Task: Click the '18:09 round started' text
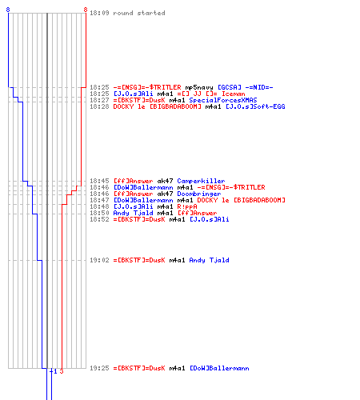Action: pos(127,13)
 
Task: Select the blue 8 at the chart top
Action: pos(8,10)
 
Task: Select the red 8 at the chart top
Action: pos(86,10)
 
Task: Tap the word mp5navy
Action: pos(199,87)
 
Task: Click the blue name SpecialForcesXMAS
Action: pos(223,100)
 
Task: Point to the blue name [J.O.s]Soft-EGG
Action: pos(255,106)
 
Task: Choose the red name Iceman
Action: pos(234,94)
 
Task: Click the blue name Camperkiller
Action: pos(201,181)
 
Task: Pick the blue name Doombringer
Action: pos(199,194)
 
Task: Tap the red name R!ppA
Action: pos(187,206)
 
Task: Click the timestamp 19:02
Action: pos(99,260)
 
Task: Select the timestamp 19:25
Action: pos(99,368)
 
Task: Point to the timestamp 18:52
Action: pos(99,219)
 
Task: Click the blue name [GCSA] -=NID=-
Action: pos(246,87)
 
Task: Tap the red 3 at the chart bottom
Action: pos(62,371)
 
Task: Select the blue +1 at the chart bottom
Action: pos(54,371)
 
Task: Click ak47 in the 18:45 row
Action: pos(165,181)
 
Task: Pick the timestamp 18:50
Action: pos(99,213)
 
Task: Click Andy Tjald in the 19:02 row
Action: pos(209,260)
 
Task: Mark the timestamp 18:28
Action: pos(99,106)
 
